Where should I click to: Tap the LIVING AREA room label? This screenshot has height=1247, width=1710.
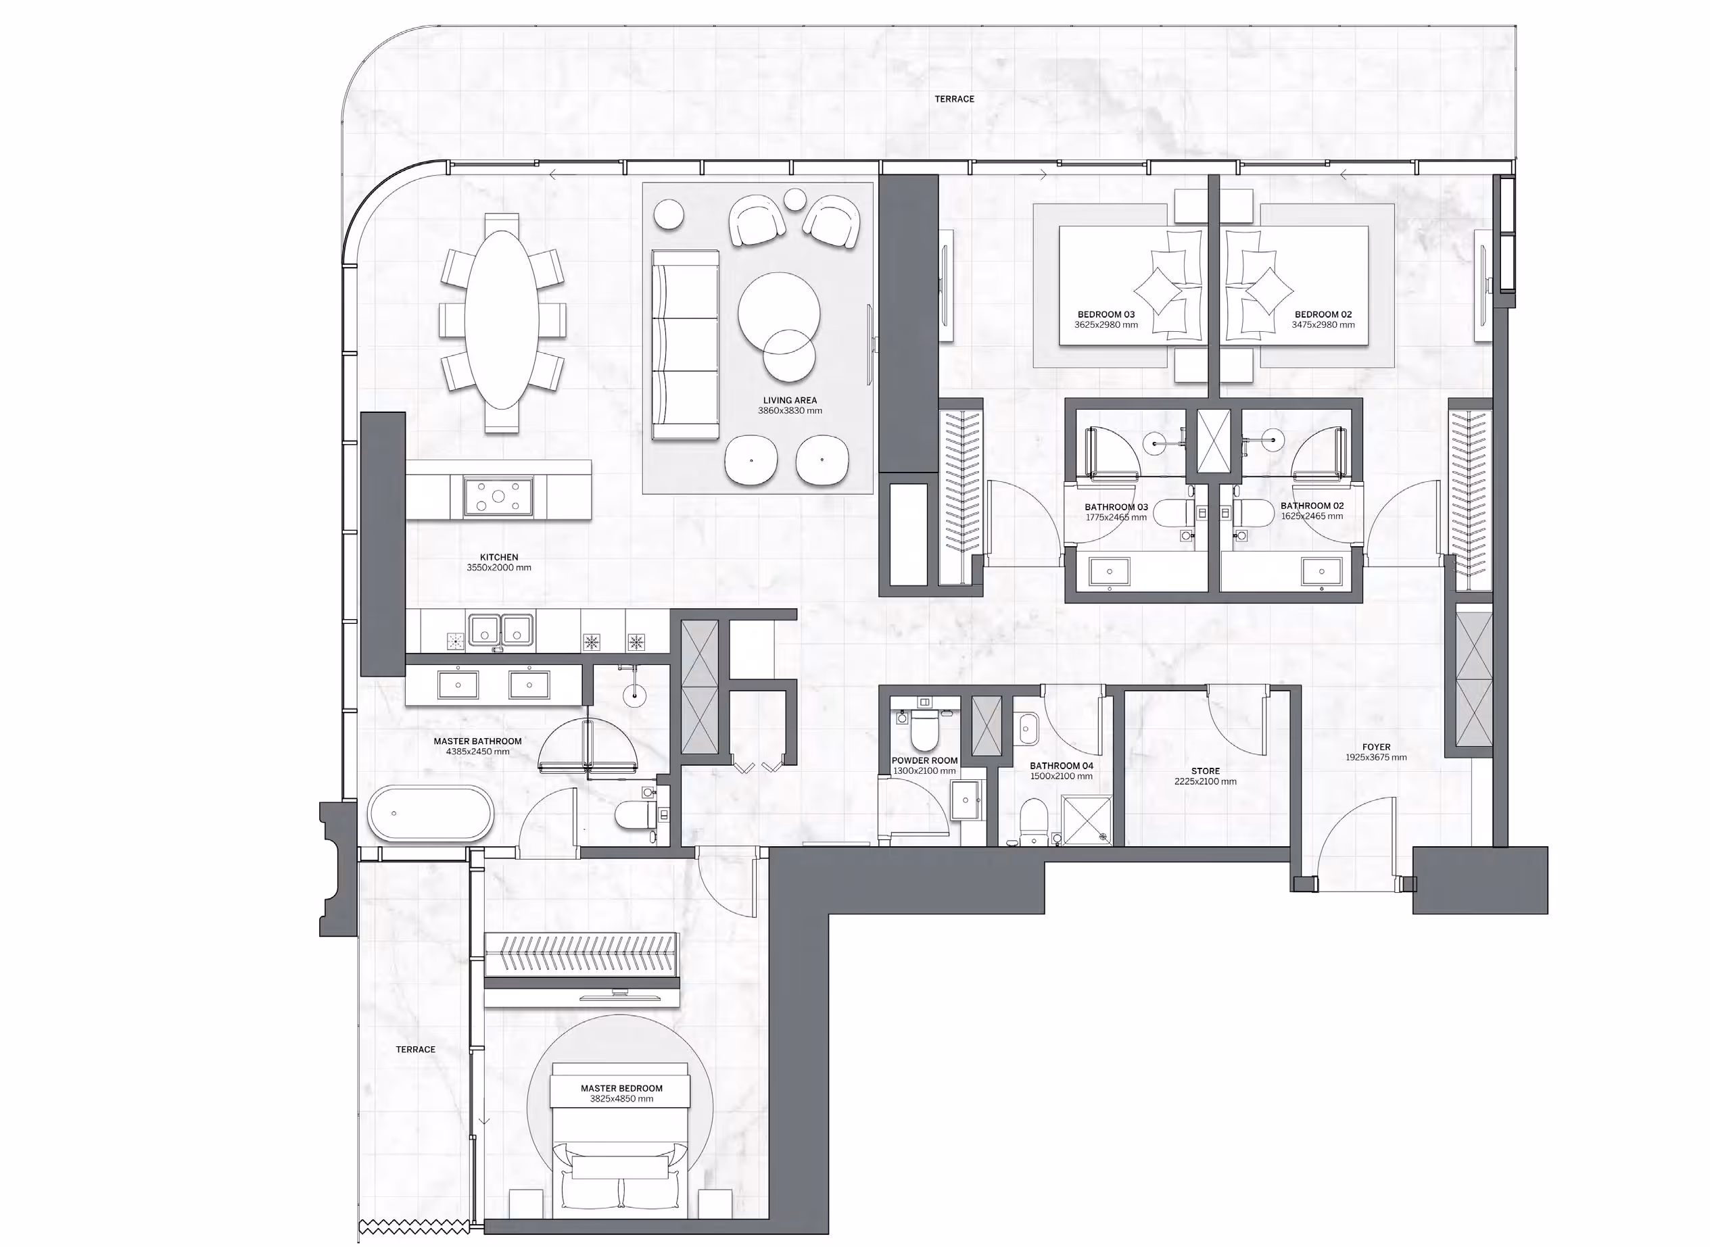(790, 400)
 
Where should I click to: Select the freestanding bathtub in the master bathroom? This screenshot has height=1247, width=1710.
(430, 814)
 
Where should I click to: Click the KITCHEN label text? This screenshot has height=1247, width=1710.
(498, 557)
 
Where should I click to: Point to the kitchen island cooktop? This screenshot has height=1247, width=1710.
(498, 497)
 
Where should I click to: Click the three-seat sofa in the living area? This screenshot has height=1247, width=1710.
(685, 344)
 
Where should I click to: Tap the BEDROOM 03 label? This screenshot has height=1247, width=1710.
(1106, 314)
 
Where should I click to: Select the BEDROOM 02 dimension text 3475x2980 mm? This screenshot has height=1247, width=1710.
(1323, 325)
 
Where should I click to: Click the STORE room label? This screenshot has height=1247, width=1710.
(1205, 771)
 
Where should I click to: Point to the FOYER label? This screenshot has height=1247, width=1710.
(1376, 748)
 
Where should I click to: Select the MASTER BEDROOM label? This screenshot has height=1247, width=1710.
(621, 1088)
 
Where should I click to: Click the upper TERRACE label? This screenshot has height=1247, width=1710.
(954, 99)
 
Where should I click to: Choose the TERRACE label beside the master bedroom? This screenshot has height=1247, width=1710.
(415, 1049)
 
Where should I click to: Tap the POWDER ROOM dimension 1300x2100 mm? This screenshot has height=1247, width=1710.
(924, 771)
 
